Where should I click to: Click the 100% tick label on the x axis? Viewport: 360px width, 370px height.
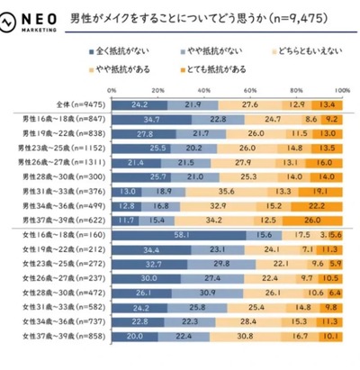(x=343, y=91)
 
